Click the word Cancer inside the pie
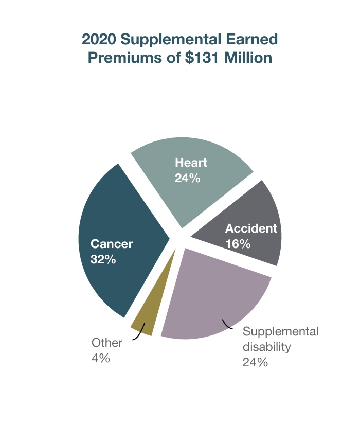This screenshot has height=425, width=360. (x=112, y=243)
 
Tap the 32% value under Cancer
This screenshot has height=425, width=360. (x=103, y=259)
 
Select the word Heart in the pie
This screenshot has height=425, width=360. (x=191, y=163)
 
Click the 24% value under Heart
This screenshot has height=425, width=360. (x=187, y=179)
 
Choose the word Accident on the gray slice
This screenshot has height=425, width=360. (x=251, y=228)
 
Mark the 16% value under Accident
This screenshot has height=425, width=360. (x=238, y=244)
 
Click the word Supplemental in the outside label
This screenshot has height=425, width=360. (x=280, y=331)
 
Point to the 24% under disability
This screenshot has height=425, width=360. (x=255, y=362)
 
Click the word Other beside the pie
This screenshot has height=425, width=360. (x=107, y=343)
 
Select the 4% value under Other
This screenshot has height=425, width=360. (x=101, y=358)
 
